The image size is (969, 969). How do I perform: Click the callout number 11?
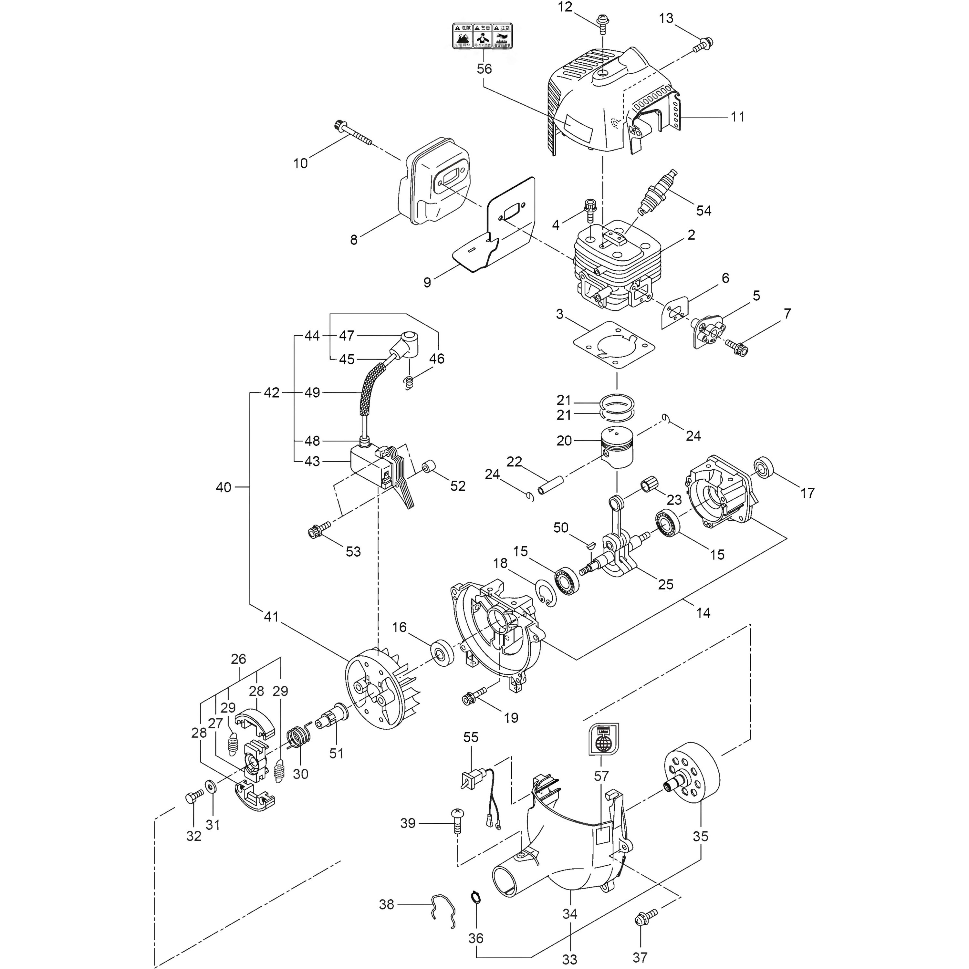(x=737, y=117)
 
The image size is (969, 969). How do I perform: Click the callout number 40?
(x=224, y=487)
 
